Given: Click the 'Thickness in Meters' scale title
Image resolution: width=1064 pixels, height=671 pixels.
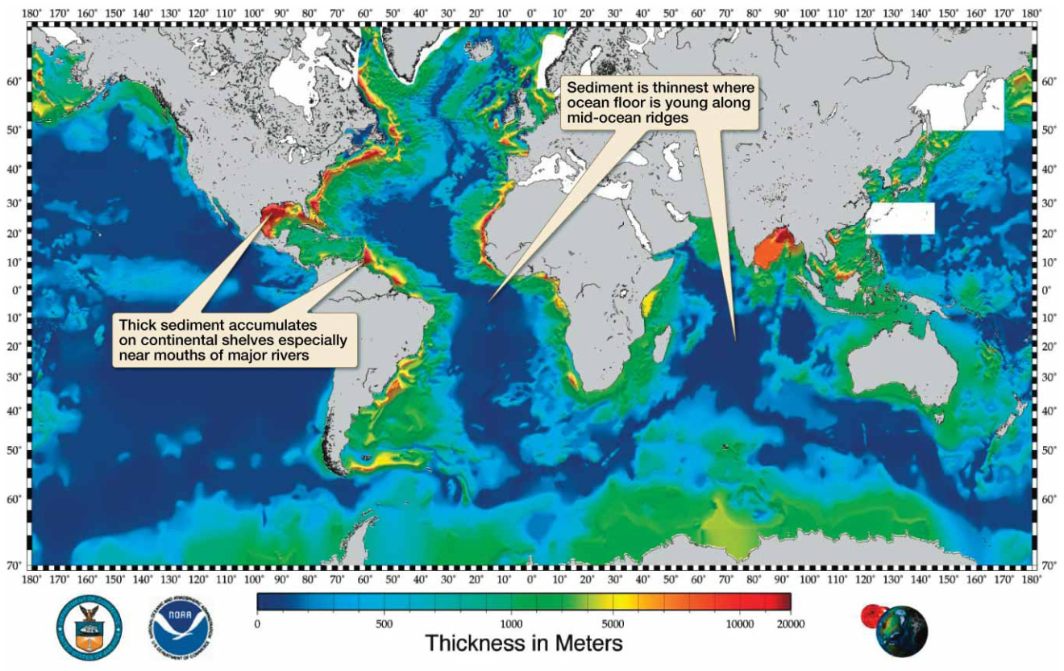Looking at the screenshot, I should tap(523, 644).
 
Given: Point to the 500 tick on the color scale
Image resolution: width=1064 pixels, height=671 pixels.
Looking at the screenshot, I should tap(384, 623).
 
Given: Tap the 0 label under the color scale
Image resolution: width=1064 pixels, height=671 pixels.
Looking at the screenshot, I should tap(257, 623).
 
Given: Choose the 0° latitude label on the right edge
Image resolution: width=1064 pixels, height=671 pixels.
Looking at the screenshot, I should tap(1049, 290).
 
